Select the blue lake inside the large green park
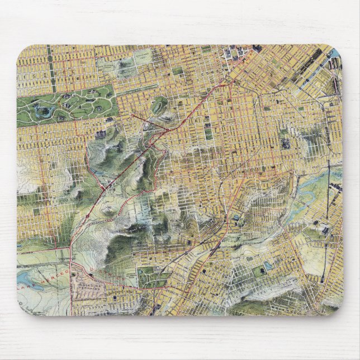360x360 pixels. (42, 112)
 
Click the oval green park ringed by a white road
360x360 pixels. (159, 104)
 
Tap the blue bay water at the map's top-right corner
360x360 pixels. (335, 54)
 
